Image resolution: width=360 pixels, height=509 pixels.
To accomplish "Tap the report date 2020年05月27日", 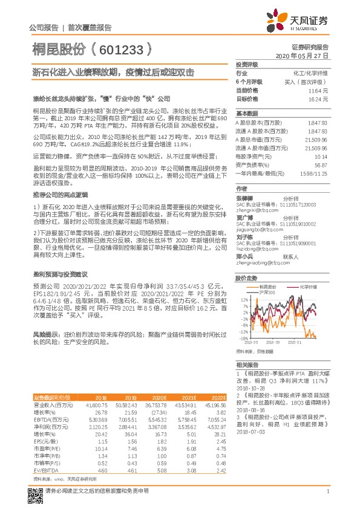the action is pos(302,55).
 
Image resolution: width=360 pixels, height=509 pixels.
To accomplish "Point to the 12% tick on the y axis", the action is pos(243,299).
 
